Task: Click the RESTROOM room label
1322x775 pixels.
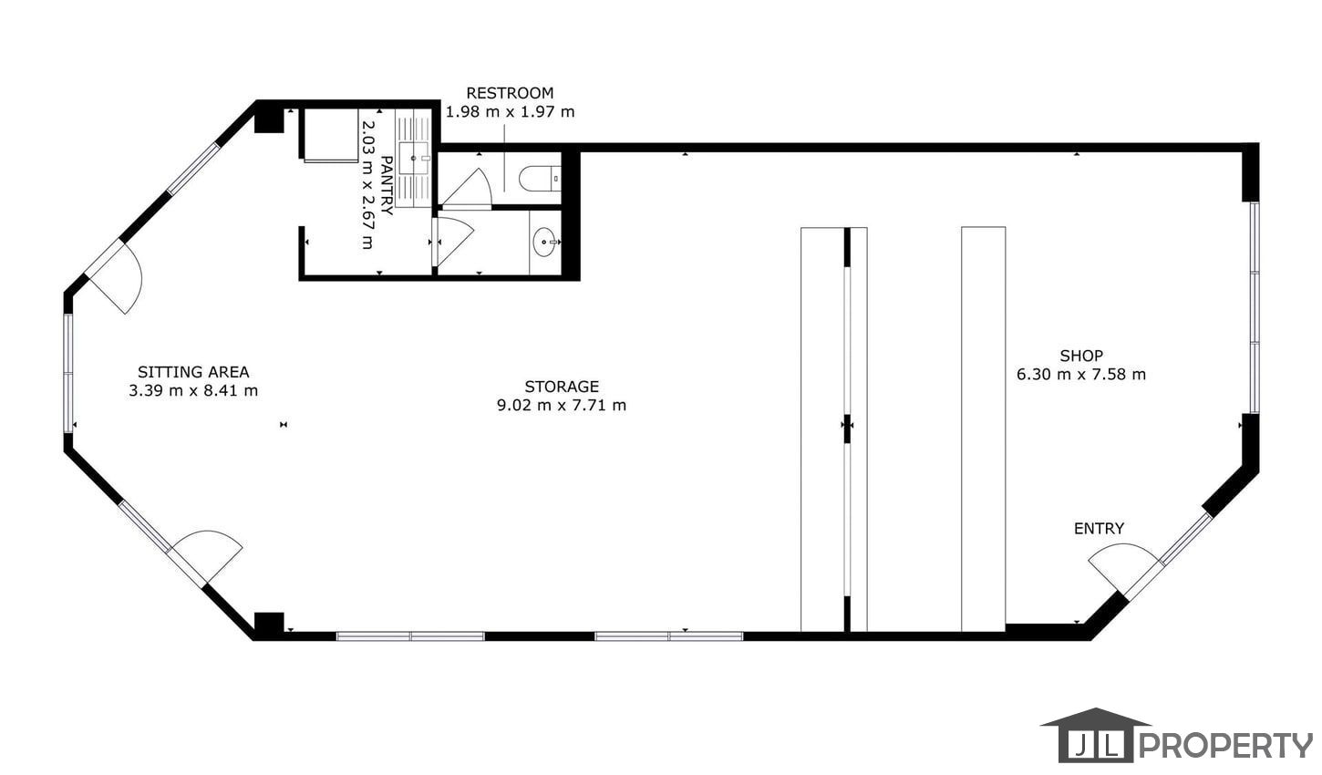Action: click(x=510, y=93)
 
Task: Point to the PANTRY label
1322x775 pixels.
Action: click(x=387, y=185)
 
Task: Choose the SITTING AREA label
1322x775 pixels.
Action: click(x=193, y=372)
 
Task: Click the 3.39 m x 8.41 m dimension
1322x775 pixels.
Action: click(x=193, y=391)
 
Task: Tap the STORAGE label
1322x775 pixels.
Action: click(x=562, y=387)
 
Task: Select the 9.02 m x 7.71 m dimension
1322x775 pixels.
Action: click(x=562, y=406)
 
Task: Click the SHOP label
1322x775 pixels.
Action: click(x=1081, y=356)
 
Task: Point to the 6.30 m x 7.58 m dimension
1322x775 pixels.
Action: click(x=1081, y=374)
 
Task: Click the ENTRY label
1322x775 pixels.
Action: click(x=1099, y=528)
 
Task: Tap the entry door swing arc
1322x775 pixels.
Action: click(x=1121, y=548)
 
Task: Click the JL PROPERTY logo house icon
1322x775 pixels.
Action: click(x=1096, y=734)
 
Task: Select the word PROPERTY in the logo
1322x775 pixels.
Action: click(x=1225, y=745)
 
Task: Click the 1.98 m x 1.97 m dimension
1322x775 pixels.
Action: click(x=510, y=111)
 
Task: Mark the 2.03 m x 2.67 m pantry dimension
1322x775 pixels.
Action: click(x=367, y=185)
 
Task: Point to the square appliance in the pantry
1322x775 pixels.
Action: click(x=331, y=135)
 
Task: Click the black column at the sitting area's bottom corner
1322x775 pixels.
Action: click(x=269, y=622)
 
